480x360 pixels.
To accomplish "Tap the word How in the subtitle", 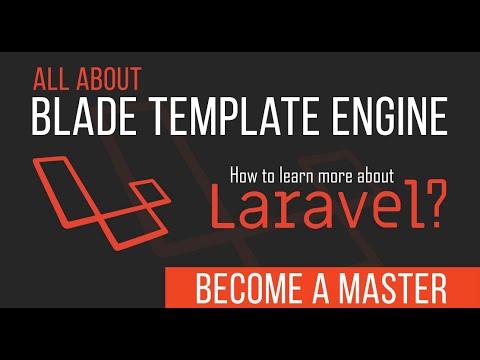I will click(x=246, y=174).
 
